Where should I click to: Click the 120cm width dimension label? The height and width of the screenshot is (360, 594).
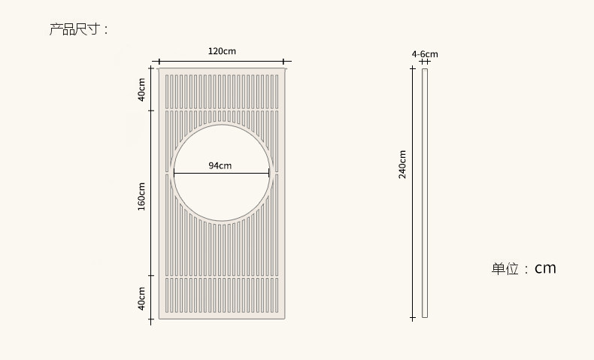(222, 51)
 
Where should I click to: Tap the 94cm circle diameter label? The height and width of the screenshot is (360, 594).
(220, 165)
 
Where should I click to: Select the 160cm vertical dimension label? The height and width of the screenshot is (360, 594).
(141, 196)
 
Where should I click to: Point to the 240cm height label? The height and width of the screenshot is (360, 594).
(402, 165)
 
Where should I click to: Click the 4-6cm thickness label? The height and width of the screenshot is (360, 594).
(425, 54)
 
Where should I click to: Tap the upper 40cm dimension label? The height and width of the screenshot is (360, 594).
(141, 89)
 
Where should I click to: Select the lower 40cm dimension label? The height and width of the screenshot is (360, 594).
(141, 298)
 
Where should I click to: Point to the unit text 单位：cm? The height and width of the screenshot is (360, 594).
(524, 268)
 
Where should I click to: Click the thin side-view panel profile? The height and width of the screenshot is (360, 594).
(425, 193)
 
